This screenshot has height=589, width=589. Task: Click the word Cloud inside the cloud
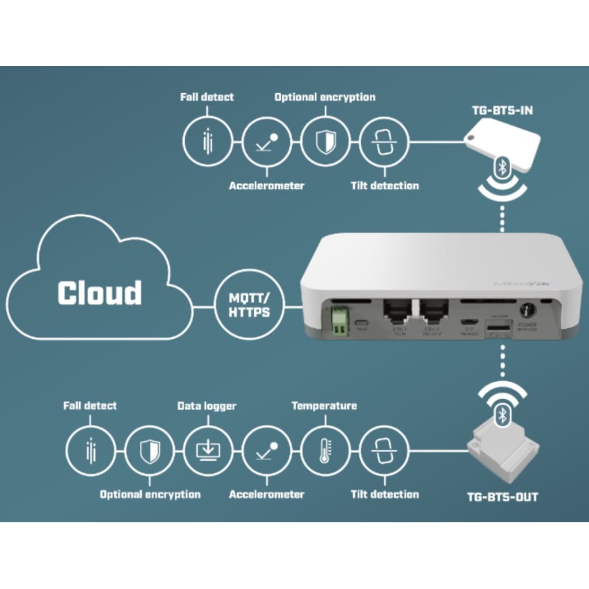(100, 293)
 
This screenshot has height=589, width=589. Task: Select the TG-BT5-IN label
(499, 110)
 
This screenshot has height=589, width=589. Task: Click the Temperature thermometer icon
(324, 451)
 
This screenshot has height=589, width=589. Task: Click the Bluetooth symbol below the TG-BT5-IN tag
(502, 167)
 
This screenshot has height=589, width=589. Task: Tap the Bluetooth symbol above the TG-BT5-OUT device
(502, 415)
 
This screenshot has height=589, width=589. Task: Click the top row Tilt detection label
(384, 186)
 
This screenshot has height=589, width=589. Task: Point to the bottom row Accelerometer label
(266, 495)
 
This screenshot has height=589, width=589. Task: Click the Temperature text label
(324, 406)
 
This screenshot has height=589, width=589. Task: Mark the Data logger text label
(206, 406)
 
